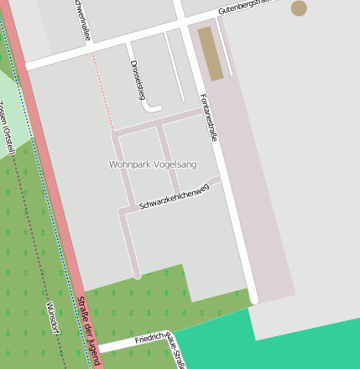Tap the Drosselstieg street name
(136, 79)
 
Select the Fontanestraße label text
(209, 118)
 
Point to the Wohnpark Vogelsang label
(153, 164)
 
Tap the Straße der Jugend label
(89, 330)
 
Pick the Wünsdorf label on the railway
(53, 317)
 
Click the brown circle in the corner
(299, 8)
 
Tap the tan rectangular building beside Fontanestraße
(211, 53)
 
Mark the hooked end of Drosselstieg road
(154, 107)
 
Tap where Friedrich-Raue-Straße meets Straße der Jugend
(98, 347)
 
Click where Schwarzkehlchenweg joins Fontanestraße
(220, 179)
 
